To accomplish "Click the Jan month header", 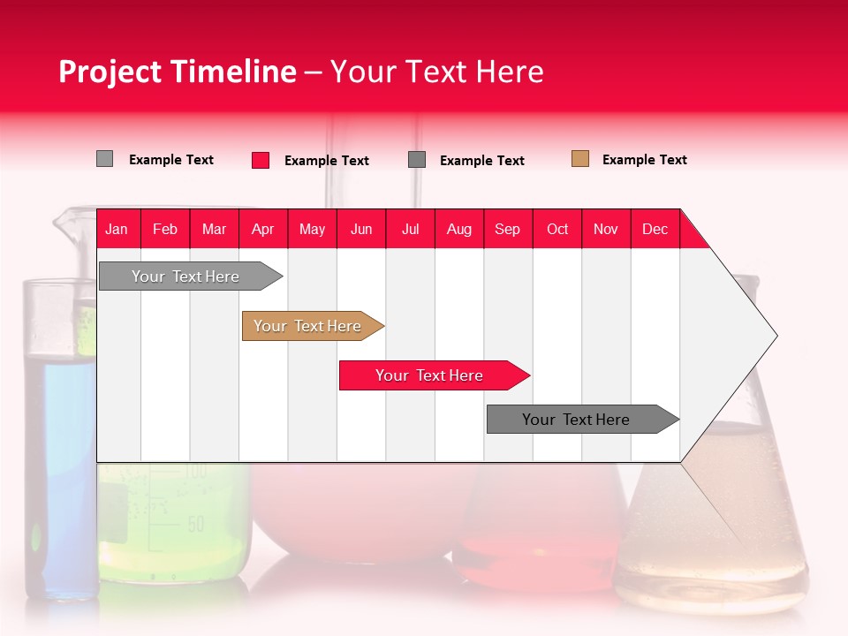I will (x=117, y=229).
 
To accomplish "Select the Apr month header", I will (x=262, y=229).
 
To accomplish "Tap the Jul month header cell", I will (x=410, y=229).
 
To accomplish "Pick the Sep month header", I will (x=507, y=229).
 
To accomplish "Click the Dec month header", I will (x=655, y=229).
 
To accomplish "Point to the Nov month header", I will (x=605, y=229).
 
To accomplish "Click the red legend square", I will (x=261, y=160).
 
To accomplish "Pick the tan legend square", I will (x=580, y=159).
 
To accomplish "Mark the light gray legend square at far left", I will (x=105, y=159).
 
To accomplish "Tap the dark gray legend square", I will (x=417, y=160).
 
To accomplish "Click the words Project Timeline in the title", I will (x=177, y=72).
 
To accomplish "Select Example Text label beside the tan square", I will (x=644, y=160).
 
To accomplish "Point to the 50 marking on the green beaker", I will (x=194, y=525).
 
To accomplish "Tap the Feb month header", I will (x=165, y=229).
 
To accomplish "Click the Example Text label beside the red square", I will (x=326, y=161).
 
